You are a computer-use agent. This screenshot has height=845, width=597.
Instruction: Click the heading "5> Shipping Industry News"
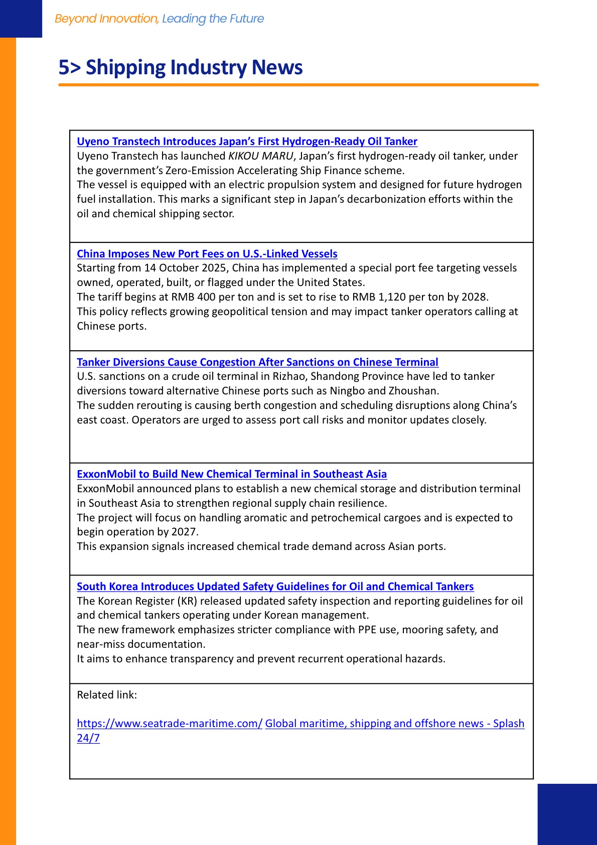coord(181,67)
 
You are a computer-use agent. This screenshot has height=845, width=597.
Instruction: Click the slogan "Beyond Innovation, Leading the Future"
coord(159,19)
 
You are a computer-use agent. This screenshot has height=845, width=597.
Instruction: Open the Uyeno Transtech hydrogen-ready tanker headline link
coord(247,142)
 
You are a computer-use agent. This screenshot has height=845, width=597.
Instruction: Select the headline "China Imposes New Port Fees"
coord(207,254)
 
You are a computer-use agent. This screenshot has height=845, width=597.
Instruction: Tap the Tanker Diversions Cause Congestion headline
coord(257,362)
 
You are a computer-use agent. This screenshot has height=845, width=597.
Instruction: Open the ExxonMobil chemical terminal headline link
coord(232,474)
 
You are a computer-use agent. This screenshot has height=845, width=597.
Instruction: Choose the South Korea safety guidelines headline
coord(275,587)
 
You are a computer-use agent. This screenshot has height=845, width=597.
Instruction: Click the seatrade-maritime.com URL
coord(170,724)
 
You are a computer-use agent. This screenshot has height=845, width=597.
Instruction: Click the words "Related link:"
coord(107,695)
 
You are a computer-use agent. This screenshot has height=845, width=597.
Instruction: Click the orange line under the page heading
coord(298,85)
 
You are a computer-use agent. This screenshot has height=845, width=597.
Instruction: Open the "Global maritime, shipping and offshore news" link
coord(394,724)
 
